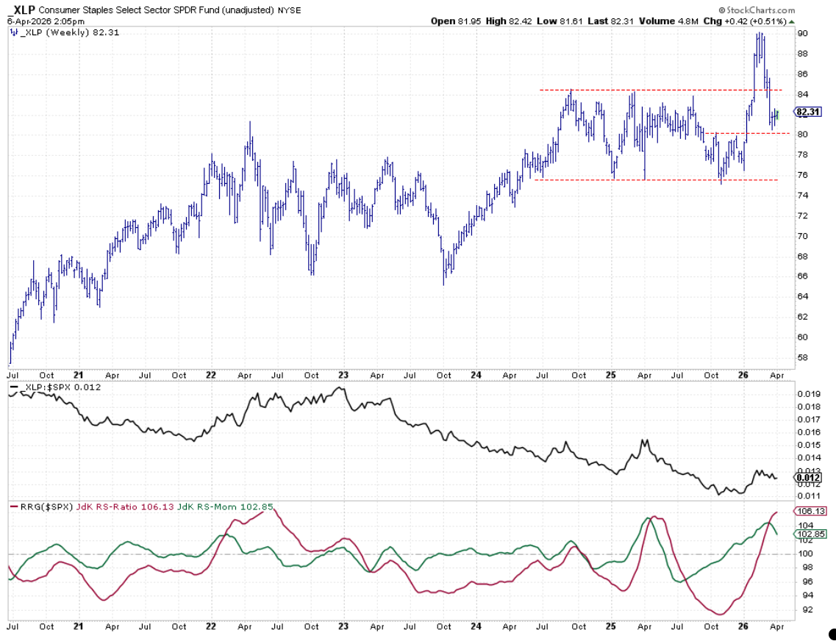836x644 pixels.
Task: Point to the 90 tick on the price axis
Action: [x=803, y=34]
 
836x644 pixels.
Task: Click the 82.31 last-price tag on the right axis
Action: [x=807, y=112]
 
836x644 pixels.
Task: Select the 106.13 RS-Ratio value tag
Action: [x=807, y=511]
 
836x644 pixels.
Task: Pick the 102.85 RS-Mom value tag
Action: [x=807, y=533]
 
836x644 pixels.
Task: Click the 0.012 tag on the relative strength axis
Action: [x=807, y=477]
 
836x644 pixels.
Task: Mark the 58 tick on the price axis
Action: [x=803, y=358]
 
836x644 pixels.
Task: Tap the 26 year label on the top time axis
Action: [x=743, y=374]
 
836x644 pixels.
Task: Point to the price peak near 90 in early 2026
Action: [x=759, y=34]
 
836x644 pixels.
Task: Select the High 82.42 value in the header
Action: [x=509, y=21]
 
